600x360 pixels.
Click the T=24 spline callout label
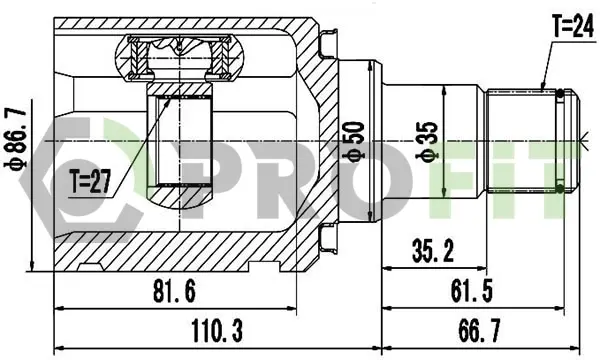tap(573, 27)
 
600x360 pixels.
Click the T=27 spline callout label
tap(90, 181)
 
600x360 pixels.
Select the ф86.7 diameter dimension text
tap(16, 138)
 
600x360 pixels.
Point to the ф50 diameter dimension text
tap(354, 142)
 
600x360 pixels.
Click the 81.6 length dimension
tap(174, 292)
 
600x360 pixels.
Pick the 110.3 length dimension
tap(217, 331)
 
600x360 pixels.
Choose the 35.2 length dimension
tap(433, 251)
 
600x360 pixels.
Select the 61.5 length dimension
tap(472, 291)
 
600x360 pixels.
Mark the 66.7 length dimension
tap(479, 331)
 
